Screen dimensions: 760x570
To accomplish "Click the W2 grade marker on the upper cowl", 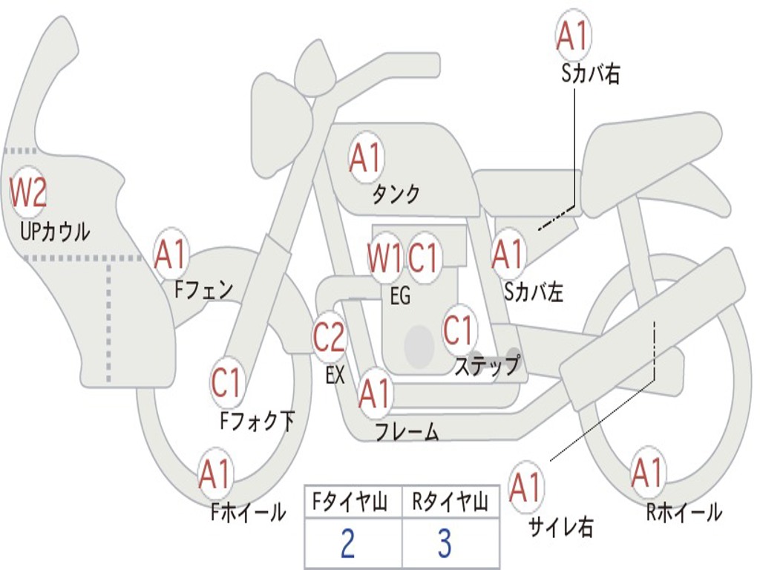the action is click(x=28, y=193).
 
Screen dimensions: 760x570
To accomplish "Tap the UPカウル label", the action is click(x=55, y=232).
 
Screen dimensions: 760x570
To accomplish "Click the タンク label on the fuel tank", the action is click(x=396, y=194).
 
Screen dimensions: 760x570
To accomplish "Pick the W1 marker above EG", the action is click(x=385, y=258).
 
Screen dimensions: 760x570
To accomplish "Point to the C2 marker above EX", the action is click(x=329, y=337).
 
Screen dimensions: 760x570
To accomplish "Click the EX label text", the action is click(x=335, y=375).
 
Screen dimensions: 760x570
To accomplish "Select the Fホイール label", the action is click(x=248, y=512).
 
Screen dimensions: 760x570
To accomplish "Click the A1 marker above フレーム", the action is click(x=375, y=393).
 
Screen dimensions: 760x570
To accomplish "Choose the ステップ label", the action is click(x=487, y=364).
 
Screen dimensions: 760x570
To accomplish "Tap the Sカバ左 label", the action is click(x=533, y=292).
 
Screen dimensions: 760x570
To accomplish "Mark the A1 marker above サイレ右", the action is click(x=526, y=487).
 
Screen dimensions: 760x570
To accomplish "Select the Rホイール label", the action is click(x=684, y=512).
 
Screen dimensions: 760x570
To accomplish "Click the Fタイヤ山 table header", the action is click(x=350, y=502).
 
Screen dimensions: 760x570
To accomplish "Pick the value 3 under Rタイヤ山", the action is click(x=445, y=543).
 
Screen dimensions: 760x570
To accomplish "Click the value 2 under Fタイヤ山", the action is click(x=347, y=543).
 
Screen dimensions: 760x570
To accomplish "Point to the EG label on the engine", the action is click(x=400, y=295).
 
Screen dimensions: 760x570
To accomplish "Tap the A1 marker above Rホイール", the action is click(x=648, y=473).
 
